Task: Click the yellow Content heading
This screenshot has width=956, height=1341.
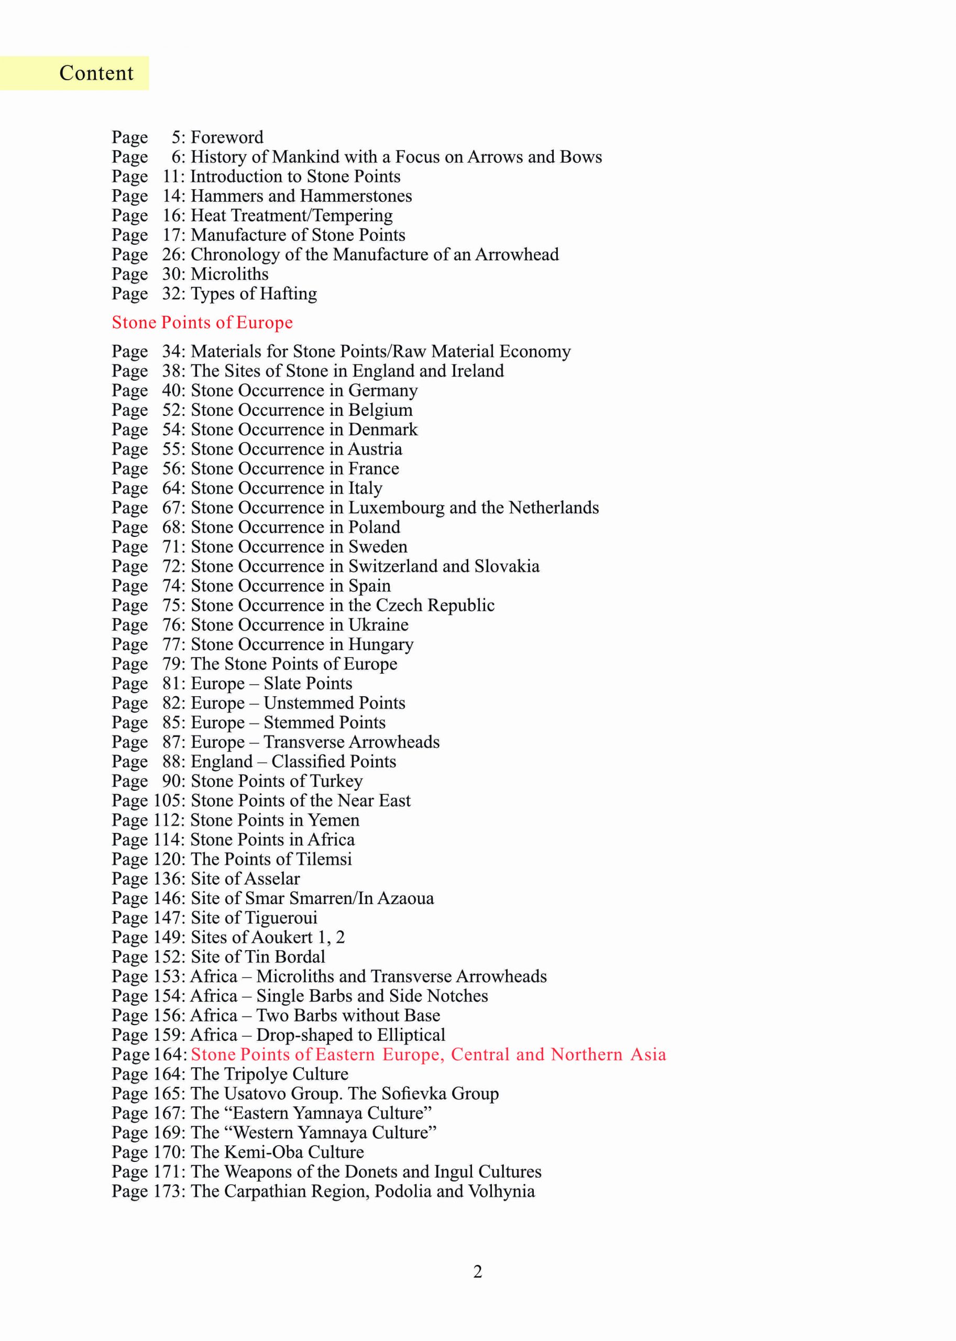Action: pos(96,73)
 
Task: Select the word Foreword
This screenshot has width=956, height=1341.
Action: pos(227,137)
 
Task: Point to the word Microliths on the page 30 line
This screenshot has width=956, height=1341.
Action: pos(229,274)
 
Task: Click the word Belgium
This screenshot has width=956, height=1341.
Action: pos(380,410)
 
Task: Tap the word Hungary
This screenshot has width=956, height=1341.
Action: pos(381,645)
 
